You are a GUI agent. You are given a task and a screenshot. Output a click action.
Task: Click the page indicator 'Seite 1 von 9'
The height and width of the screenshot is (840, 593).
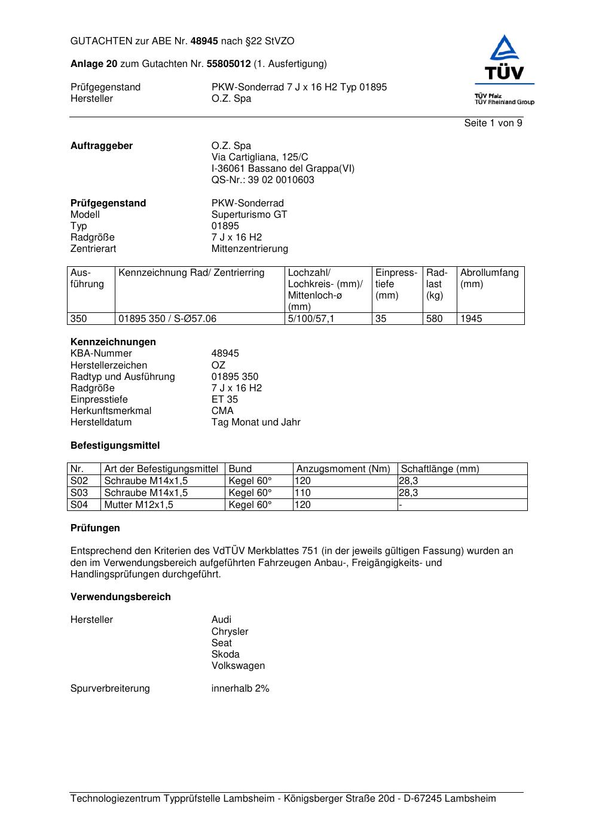pos(493,123)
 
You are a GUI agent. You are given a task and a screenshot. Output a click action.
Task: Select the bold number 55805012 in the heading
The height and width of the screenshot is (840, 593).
pos(228,64)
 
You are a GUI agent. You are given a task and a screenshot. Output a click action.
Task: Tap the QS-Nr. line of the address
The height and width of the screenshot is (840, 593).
pos(262,180)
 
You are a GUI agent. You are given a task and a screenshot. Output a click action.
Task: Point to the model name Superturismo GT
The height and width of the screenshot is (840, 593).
pos(249,215)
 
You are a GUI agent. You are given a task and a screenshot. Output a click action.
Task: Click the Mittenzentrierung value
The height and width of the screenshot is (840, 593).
pos(249,249)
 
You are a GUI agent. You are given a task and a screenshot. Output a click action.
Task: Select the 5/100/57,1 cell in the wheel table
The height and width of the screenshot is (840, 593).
pos(311,319)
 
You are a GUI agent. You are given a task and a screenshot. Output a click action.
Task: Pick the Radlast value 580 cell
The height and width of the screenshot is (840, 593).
pos(434,319)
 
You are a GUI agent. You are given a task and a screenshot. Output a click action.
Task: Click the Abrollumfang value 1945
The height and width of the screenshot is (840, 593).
pos(471,319)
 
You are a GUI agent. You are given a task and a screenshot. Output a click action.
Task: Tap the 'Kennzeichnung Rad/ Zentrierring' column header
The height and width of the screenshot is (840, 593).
pos(191,273)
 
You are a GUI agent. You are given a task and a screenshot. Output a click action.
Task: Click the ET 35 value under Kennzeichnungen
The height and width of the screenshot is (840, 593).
pos(224,400)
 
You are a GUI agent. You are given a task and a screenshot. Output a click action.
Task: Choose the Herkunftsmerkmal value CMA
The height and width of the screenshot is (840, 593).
pos(222,411)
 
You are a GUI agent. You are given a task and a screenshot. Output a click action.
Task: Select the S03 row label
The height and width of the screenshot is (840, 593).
pos(79,493)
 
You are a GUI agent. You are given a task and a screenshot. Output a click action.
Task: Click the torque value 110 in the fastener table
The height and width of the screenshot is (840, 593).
pos(303,493)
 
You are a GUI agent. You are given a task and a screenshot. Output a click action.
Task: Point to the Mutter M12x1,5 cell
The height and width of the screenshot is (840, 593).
pos(139,505)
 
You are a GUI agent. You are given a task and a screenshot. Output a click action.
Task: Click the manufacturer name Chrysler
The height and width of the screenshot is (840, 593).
pos(230,632)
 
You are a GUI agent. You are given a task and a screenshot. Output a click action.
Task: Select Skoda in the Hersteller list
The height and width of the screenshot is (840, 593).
pos(225,655)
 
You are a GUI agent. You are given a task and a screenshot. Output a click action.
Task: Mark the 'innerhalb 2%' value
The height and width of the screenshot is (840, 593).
pos(240,689)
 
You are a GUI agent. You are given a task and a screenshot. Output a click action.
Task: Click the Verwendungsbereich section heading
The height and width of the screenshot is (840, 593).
pos(120,597)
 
